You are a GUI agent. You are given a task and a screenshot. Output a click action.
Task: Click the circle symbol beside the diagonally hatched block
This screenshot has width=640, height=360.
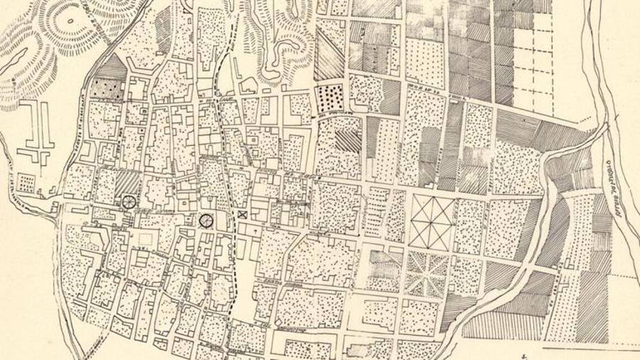(129, 201)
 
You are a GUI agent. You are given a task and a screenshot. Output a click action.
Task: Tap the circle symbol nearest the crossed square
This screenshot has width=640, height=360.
(206, 221)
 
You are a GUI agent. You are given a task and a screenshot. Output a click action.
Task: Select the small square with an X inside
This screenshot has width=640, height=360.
(242, 214)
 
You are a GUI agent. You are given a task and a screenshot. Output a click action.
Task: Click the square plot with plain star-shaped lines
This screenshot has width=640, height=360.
(432, 223)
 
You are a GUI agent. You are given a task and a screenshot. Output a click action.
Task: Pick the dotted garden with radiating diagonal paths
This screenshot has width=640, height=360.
(426, 274)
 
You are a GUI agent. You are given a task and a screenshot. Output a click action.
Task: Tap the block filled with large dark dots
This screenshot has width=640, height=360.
(329, 98)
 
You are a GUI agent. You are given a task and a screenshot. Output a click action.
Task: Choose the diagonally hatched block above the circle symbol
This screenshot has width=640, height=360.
(129, 181)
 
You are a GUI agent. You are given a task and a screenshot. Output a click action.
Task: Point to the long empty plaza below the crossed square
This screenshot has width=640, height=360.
(244, 285)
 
